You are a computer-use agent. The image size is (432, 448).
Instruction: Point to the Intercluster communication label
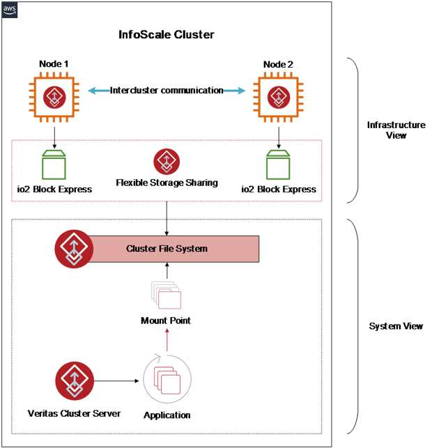coord(167,90)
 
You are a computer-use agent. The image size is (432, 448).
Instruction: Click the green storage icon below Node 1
coord(54,164)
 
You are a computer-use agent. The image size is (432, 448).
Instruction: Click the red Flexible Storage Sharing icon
coord(167,161)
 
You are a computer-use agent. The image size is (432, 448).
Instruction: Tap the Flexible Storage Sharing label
coord(167,183)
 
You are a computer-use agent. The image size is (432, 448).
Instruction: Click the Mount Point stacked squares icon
coord(166,295)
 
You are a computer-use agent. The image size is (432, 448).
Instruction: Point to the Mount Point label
coord(167,320)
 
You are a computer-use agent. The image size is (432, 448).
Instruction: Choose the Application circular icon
coord(165,383)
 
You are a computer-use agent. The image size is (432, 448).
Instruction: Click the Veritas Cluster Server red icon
coord(75,380)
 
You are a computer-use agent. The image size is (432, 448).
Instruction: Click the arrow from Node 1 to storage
coord(54,134)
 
